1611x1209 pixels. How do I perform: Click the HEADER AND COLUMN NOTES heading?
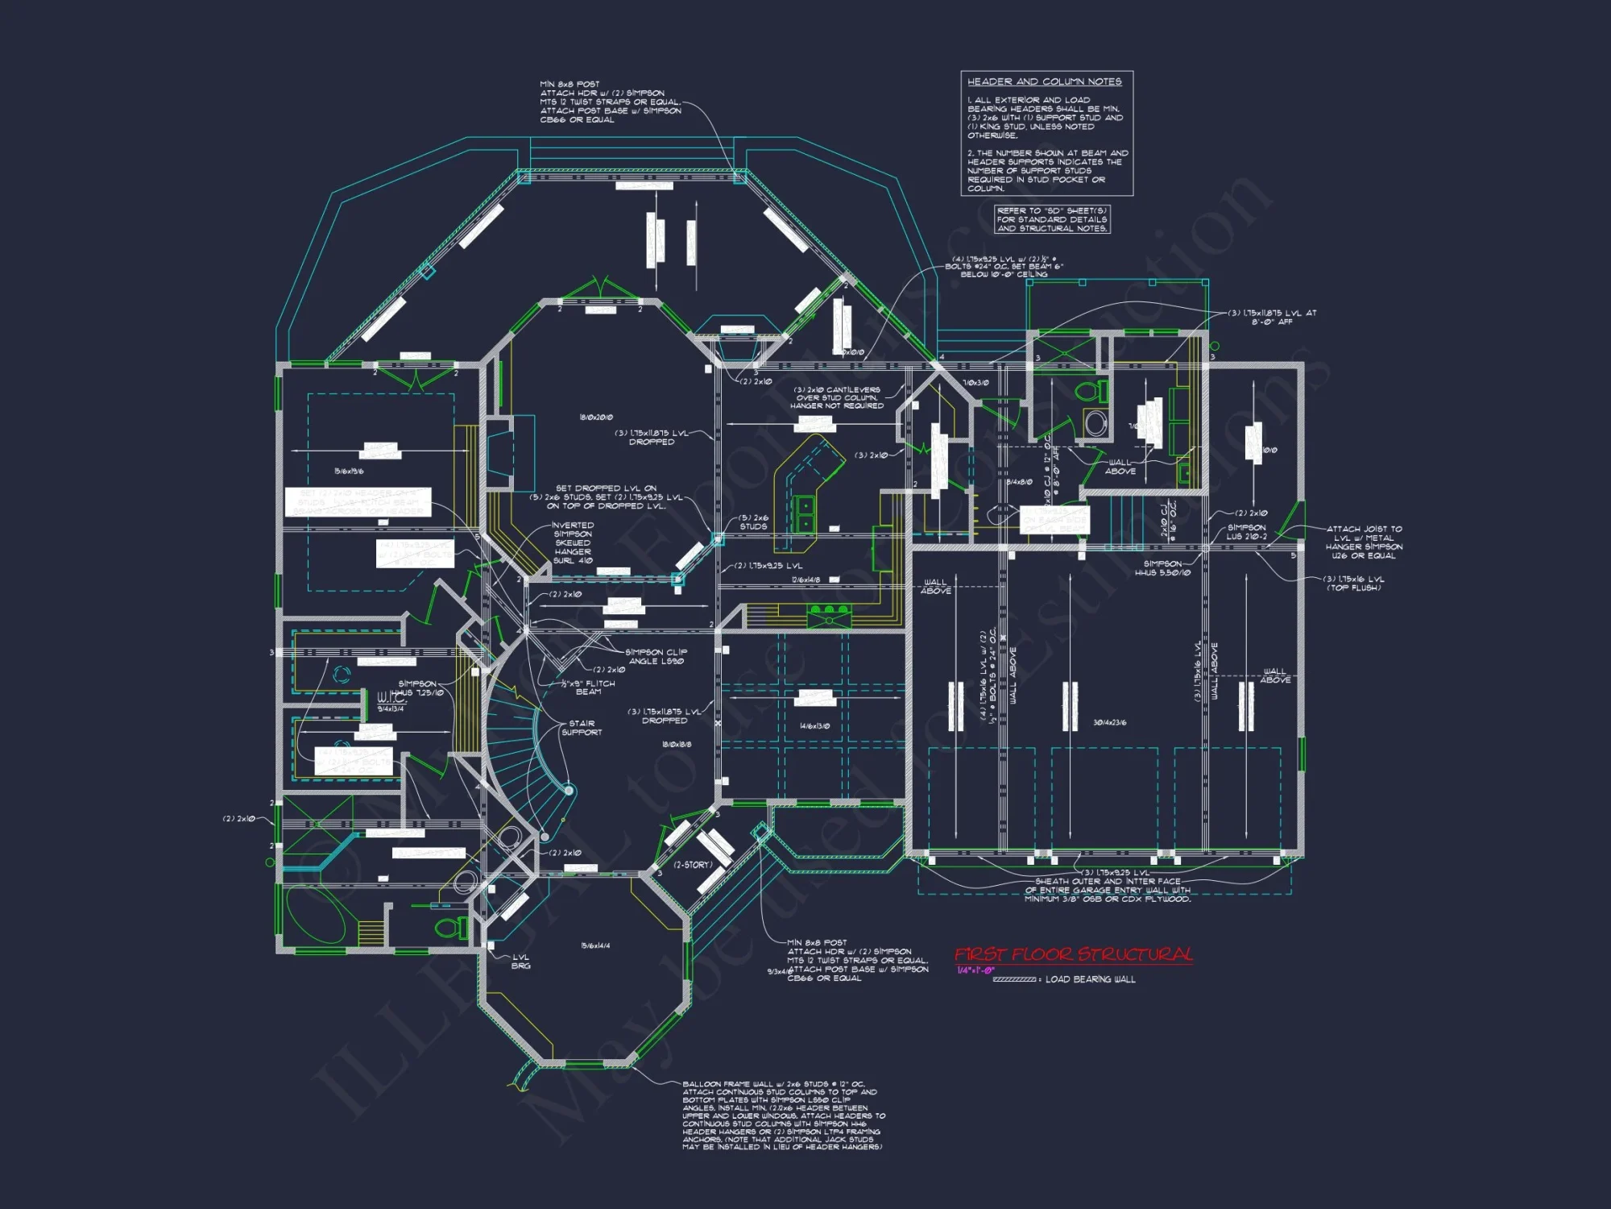(1044, 81)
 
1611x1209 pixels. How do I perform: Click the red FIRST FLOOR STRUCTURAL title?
(1073, 955)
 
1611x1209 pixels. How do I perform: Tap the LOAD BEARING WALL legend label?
(1090, 979)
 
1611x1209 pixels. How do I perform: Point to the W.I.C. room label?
(391, 698)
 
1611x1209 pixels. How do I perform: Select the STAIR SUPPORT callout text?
(582, 728)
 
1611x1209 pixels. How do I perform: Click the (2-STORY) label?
(693, 865)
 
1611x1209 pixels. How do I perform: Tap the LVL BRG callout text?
(521, 962)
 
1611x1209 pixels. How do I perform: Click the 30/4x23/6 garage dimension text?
(1109, 723)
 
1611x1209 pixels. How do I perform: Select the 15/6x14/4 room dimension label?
(595, 945)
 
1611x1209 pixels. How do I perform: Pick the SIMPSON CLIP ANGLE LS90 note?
(656, 656)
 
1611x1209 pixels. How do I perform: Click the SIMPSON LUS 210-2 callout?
(1246, 532)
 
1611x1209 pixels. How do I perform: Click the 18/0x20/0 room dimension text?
(596, 418)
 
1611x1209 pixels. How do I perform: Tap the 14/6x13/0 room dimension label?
(814, 726)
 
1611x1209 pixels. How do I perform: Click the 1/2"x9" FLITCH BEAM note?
(588, 688)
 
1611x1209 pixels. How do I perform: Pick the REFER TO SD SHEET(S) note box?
(1052, 219)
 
